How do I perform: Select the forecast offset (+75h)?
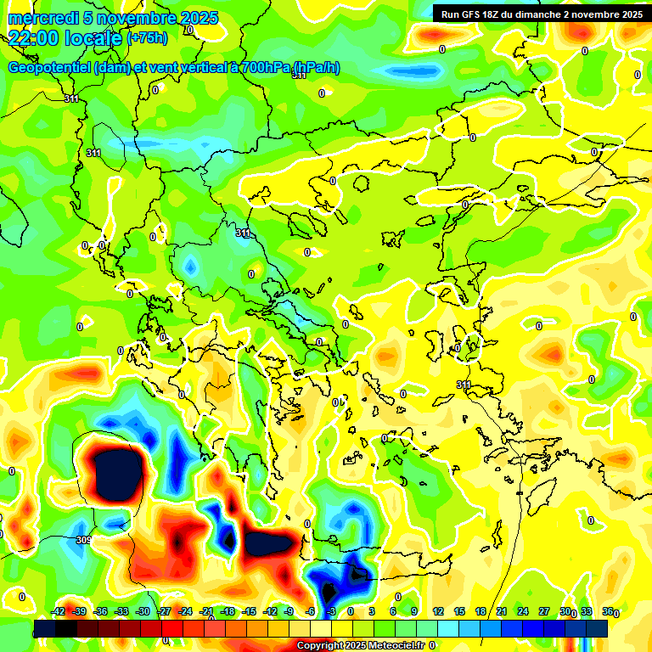(x=147, y=38)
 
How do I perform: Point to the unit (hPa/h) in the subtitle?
(x=317, y=68)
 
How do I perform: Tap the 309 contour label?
(x=83, y=540)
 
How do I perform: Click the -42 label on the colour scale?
(x=59, y=611)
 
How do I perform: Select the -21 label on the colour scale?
(x=206, y=611)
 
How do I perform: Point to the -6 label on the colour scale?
(x=311, y=611)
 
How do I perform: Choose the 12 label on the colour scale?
(x=438, y=611)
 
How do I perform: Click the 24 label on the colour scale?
(x=523, y=611)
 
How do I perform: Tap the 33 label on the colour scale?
(x=587, y=611)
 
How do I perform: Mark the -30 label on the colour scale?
(x=143, y=611)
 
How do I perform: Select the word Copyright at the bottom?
(x=320, y=646)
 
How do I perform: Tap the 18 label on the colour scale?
(x=481, y=611)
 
